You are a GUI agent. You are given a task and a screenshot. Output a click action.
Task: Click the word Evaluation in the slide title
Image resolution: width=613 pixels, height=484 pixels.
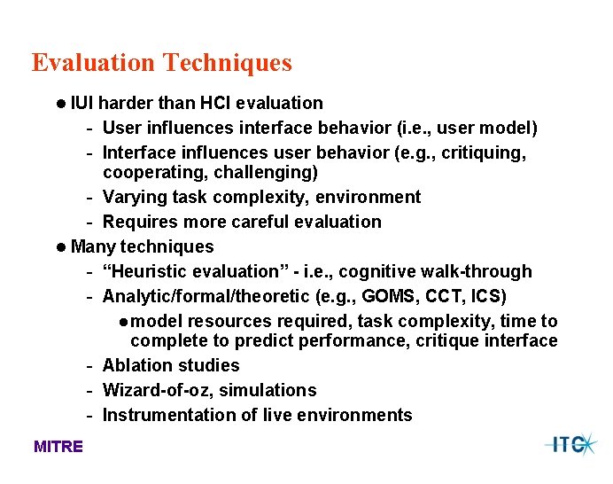pyautogui.click(x=94, y=63)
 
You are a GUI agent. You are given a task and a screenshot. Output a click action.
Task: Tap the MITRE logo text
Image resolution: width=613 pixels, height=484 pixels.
pyautogui.click(x=58, y=447)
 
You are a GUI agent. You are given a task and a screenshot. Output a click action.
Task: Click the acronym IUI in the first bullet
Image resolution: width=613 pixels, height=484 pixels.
pyautogui.click(x=82, y=104)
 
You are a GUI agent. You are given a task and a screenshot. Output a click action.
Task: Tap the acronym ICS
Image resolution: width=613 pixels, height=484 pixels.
pyautogui.click(x=492, y=295)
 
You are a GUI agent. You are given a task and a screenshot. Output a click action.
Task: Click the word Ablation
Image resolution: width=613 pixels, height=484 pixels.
pyautogui.click(x=138, y=365)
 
